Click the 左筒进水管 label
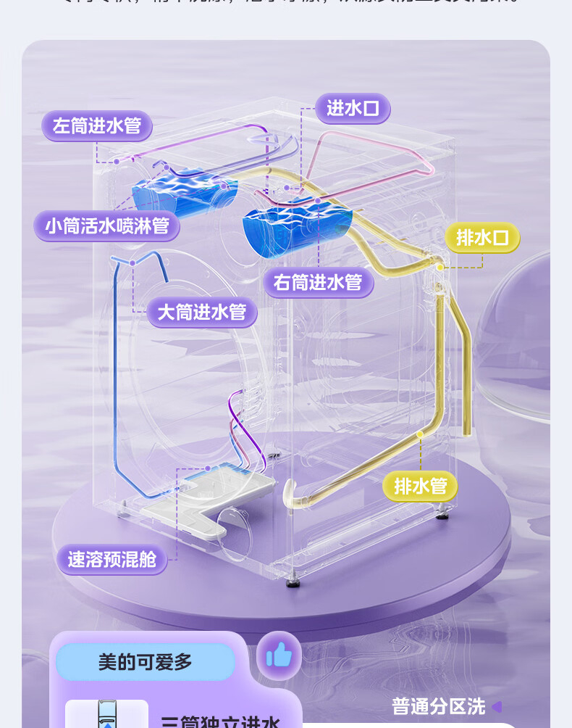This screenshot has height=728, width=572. click(x=97, y=126)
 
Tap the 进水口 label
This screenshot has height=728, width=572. click(x=353, y=109)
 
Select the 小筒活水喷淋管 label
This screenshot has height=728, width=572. click(x=106, y=226)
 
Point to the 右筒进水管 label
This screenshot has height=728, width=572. click(x=318, y=282)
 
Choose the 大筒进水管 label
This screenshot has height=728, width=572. click(x=202, y=313)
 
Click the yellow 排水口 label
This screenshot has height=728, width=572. click(x=482, y=238)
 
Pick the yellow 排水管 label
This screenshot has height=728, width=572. click(x=420, y=486)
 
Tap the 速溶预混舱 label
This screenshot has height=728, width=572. click(x=112, y=560)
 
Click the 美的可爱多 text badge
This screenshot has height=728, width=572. click(x=145, y=661)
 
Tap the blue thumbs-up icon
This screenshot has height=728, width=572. click(x=279, y=656)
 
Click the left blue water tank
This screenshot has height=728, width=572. click(x=181, y=190)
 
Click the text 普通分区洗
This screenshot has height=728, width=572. click(x=438, y=706)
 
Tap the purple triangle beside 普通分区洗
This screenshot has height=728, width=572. click(x=497, y=706)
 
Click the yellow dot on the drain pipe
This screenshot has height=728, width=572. click(x=419, y=434)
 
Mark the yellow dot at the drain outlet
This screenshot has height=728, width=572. click(x=439, y=267)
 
